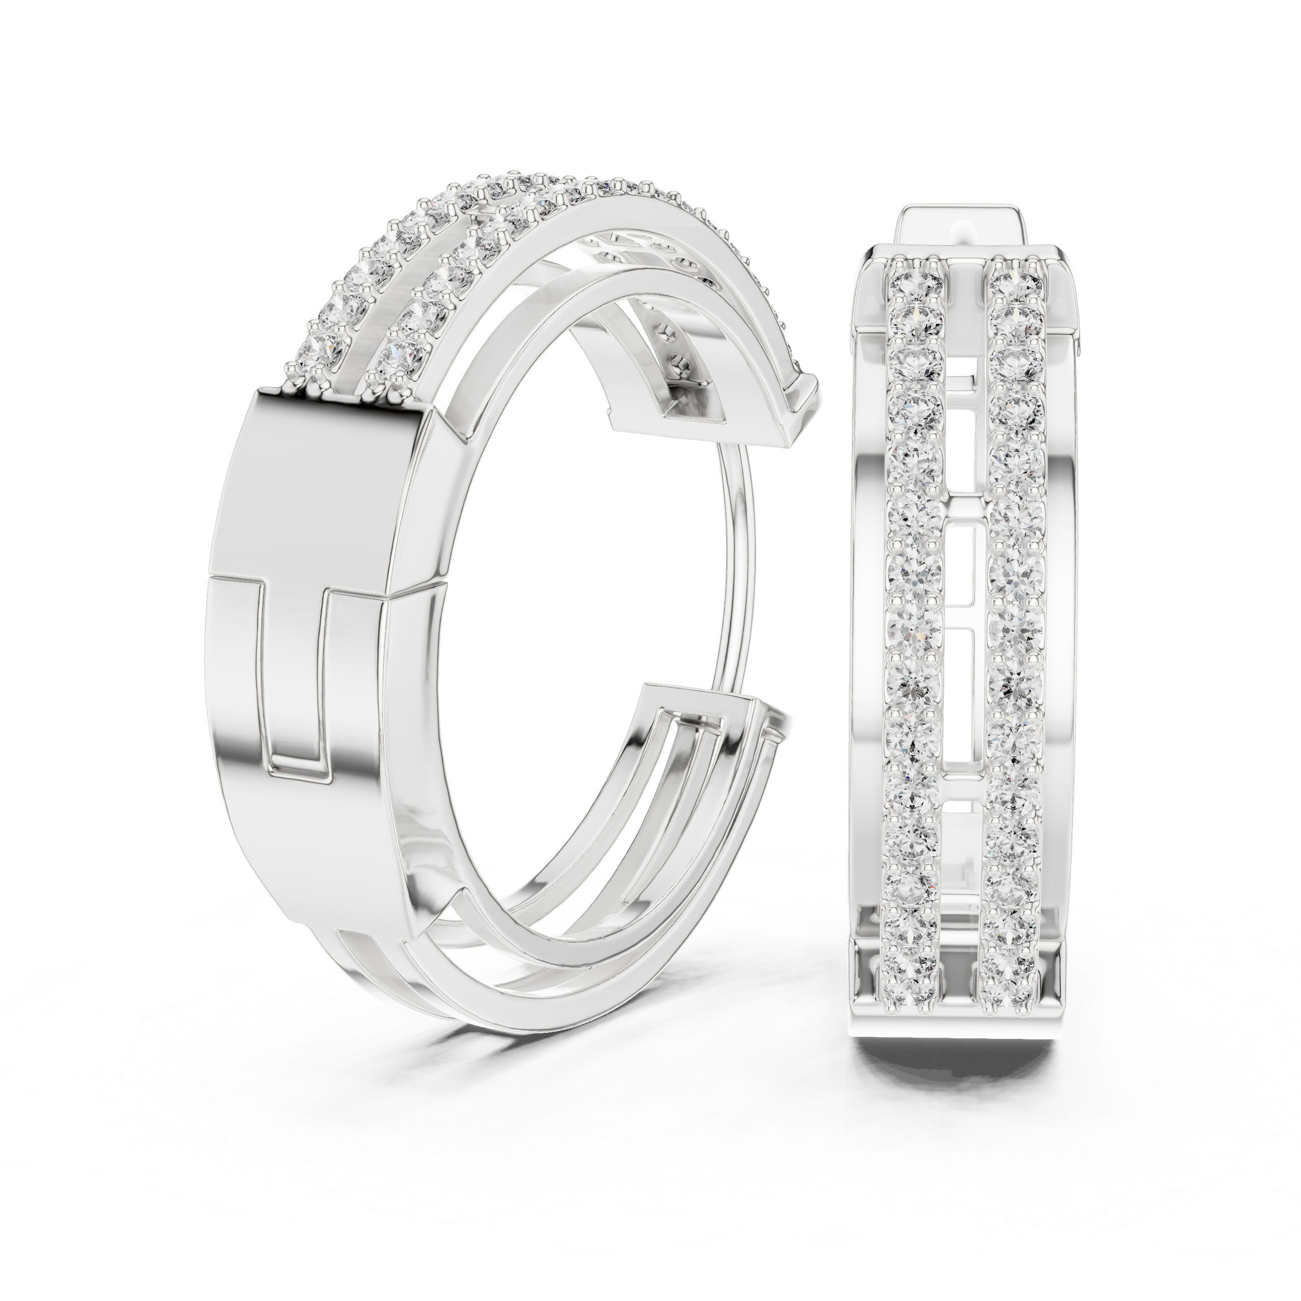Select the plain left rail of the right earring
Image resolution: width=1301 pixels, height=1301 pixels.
point(869,606)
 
